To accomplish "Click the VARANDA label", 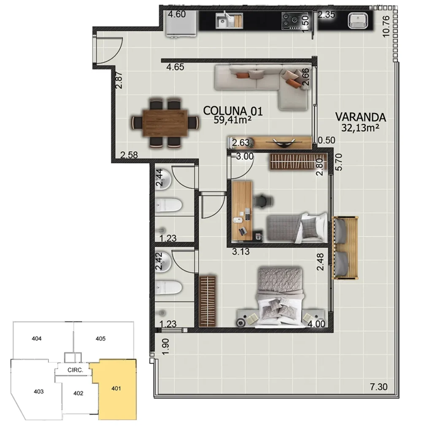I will point(360,116).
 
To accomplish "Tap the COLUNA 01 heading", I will point(233,111).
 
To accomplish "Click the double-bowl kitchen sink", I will point(229,20).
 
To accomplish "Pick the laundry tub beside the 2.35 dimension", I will point(358,20).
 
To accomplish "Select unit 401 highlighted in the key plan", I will point(117,389).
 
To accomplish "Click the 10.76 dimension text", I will point(384,26).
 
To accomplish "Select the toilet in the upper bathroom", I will point(168,206).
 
